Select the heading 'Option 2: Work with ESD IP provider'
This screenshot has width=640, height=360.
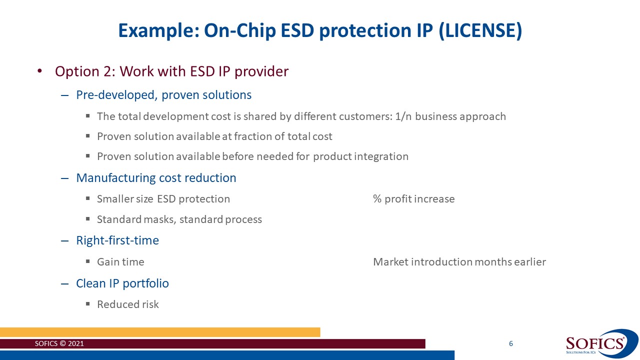pyautogui.click(x=171, y=71)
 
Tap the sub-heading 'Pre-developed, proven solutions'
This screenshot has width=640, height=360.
pyautogui.click(x=163, y=95)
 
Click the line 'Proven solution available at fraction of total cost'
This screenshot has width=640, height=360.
pyautogui.click(x=214, y=136)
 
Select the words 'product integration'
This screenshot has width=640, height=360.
pyautogui.click(x=360, y=156)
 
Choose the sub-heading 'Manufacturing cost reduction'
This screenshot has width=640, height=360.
pyautogui.click(x=156, y=178)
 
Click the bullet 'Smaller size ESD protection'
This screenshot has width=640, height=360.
pyautogui.click(x=163, y=199)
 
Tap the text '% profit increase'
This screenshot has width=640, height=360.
pyautogui.click(x=413, y=199)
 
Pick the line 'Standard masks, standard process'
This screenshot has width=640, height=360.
pyautogui.click(x=179, y=219)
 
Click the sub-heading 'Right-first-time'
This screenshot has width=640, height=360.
pyautogui.click(x=117, y=240)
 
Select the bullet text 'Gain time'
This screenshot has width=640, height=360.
pyautogui.click(x=120, y=262)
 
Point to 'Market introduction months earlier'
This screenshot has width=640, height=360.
pyautogui.click(x=459, y=262)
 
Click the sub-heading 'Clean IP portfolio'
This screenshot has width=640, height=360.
pyautogui.click(x=122, y=283)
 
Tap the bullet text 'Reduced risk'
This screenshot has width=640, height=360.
pyautogui.click(x=127, y=304)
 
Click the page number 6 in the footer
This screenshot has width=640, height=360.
pyautogui.click(x=510, y=343)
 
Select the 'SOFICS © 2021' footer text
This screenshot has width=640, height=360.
pyautogui.click(x=59, y=344)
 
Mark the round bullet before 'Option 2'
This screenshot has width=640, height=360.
pyautogui.click(x=40, y=72)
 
